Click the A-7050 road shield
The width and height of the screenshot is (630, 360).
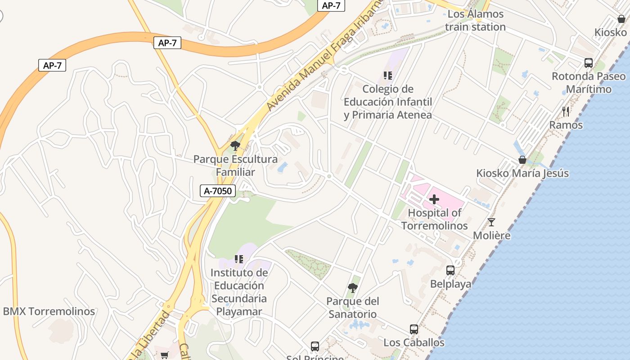[x=218, y=191]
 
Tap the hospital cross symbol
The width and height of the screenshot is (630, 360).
[x=434, y=199]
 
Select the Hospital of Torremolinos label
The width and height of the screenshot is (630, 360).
[x=434, y=219]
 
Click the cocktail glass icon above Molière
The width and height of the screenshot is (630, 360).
[x=491, y=222]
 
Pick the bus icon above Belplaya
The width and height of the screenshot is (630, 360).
[x=450, y=270]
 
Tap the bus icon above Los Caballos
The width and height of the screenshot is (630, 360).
[x=414, y=329]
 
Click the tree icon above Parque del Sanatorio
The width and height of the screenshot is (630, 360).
[x=353, y=288]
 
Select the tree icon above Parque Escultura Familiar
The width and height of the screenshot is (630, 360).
[x=235, y=145]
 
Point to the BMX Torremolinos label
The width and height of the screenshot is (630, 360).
[x=49, y=311]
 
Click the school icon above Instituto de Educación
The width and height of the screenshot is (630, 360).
[x=239, y=259]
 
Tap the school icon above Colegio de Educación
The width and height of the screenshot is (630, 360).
[x=388, y=76]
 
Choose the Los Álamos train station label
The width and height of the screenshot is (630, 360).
[x=475, y=20]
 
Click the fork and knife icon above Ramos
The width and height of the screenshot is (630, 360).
[x=566, y=111]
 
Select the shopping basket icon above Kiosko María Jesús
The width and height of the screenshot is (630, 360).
[x=522, y=160]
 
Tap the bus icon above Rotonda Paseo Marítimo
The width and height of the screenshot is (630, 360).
[x=589, y=63]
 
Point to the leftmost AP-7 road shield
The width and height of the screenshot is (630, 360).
[x=52, y=65]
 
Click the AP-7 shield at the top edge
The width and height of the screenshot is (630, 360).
[x=331, y=5]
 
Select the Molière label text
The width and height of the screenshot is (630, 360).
[x=491, y=235]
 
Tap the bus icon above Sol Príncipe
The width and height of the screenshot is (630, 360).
[x=315, y=346]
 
